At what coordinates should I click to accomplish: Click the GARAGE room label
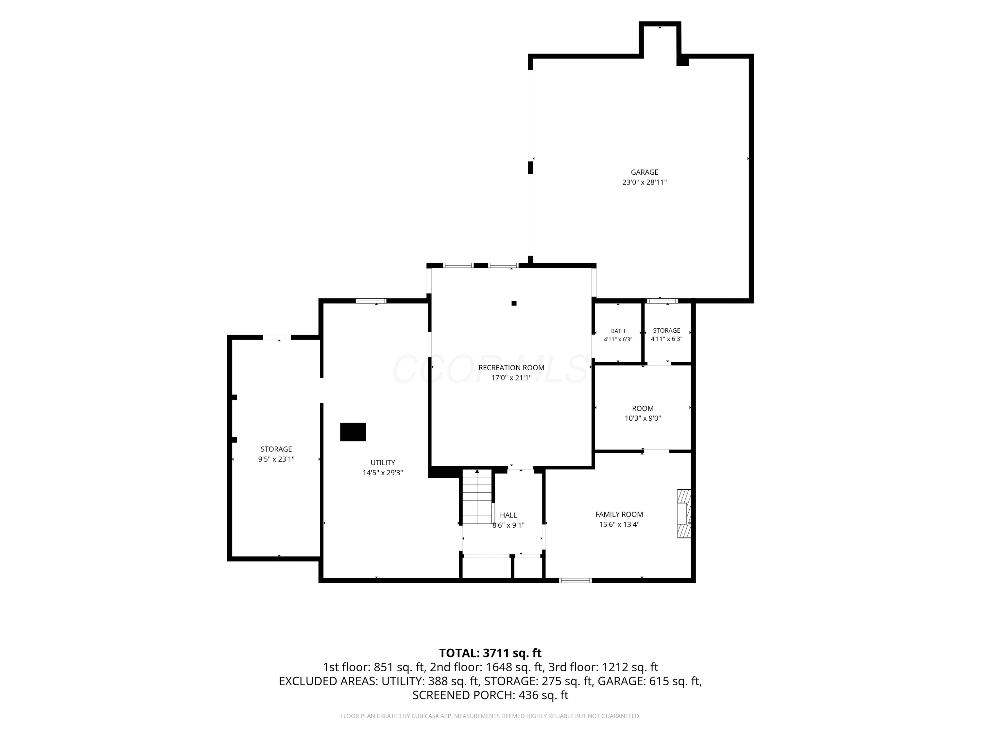click(645, 172)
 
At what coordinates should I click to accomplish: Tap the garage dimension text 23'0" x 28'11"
click(645, 182)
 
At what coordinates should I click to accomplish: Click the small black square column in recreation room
click(514, 304)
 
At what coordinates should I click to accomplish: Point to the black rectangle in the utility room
click(353, 432)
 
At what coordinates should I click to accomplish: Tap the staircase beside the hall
click(477, 497)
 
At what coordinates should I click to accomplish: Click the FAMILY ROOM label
click(619, 514)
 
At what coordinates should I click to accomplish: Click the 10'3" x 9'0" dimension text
click(643, 418)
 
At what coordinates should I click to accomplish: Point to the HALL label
click(508, 515)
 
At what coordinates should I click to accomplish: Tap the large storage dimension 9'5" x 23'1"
click(276, 459)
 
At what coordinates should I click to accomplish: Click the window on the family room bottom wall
click(575, 580)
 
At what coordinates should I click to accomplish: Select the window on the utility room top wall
click(371, 301)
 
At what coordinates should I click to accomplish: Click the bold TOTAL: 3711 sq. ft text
click(490, 653)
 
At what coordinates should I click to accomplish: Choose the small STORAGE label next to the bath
click(666, 330)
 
